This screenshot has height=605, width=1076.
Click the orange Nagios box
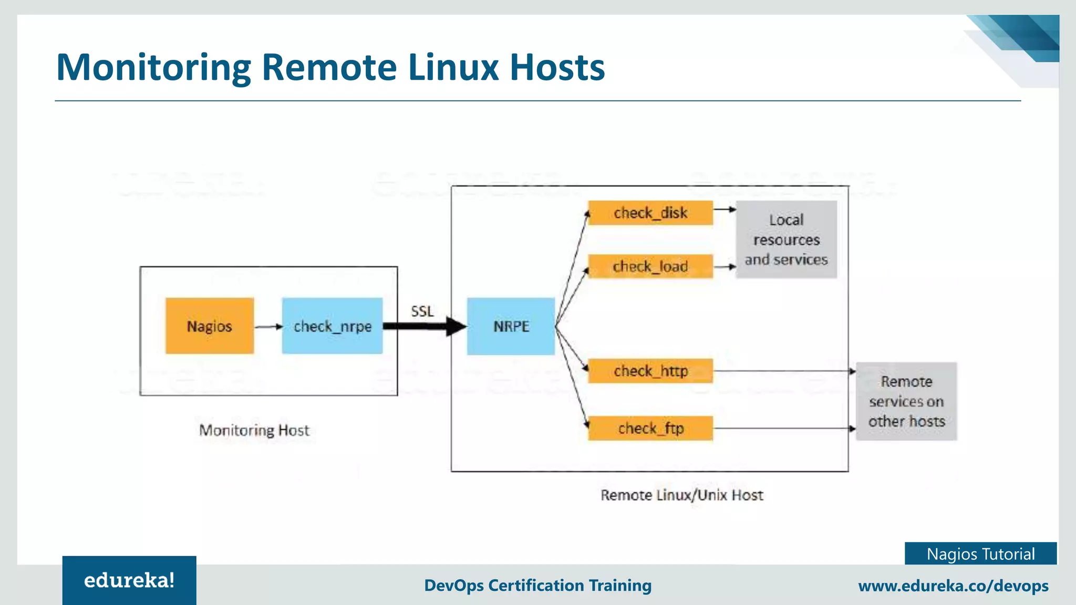pos(209,326)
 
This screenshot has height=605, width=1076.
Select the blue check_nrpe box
pos(332,326)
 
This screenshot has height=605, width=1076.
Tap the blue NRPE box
pos(511,326)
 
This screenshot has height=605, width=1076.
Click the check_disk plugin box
pos(650,213)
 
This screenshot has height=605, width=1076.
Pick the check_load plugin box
pos(650,266)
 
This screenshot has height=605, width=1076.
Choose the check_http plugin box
pos(650,371)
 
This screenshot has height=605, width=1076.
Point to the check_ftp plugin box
pos(650,428)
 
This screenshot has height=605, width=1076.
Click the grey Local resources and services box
pos(786,239)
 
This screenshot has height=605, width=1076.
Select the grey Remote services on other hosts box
pos(906,401)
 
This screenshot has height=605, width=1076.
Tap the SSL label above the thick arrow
pos(422,311)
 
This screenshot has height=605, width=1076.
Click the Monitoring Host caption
pos(254,430)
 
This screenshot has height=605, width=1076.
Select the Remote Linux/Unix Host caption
pos(681,495)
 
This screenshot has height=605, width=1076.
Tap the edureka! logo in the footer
pos(129,580)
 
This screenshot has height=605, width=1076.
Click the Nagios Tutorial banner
pos(980,554)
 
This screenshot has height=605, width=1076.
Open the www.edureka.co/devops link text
pos(953,586)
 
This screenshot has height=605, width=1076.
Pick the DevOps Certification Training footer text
pos(537,585)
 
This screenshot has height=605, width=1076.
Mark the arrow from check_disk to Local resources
pos(725,209)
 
